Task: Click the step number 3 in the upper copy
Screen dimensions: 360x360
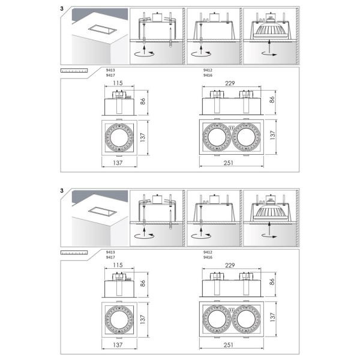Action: [x=62, y=10]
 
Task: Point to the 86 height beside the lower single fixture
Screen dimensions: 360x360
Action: [x=143, y=281]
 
